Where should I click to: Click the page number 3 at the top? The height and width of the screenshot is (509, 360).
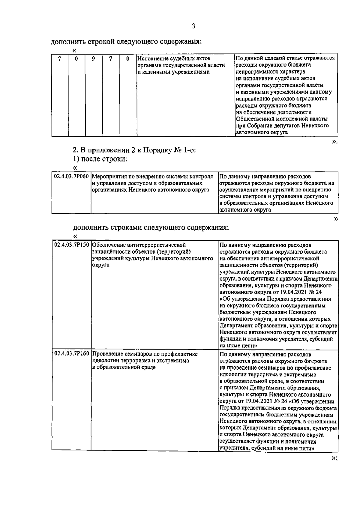click(x=193, y=26)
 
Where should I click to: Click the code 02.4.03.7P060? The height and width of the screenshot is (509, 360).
click(x=71, y=177)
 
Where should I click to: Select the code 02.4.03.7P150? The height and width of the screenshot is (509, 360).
click(x=71, y=245)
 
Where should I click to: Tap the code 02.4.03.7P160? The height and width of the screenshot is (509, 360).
click(x=71, y=354)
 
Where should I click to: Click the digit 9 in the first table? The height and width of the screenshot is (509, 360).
click(x=94, y=59)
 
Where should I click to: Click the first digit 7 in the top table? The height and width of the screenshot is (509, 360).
click(x=60, y=59)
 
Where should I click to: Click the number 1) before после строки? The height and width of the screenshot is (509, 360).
click(x=76, y=159)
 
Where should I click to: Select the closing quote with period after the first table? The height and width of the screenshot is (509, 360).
click(x=334, y=142)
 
